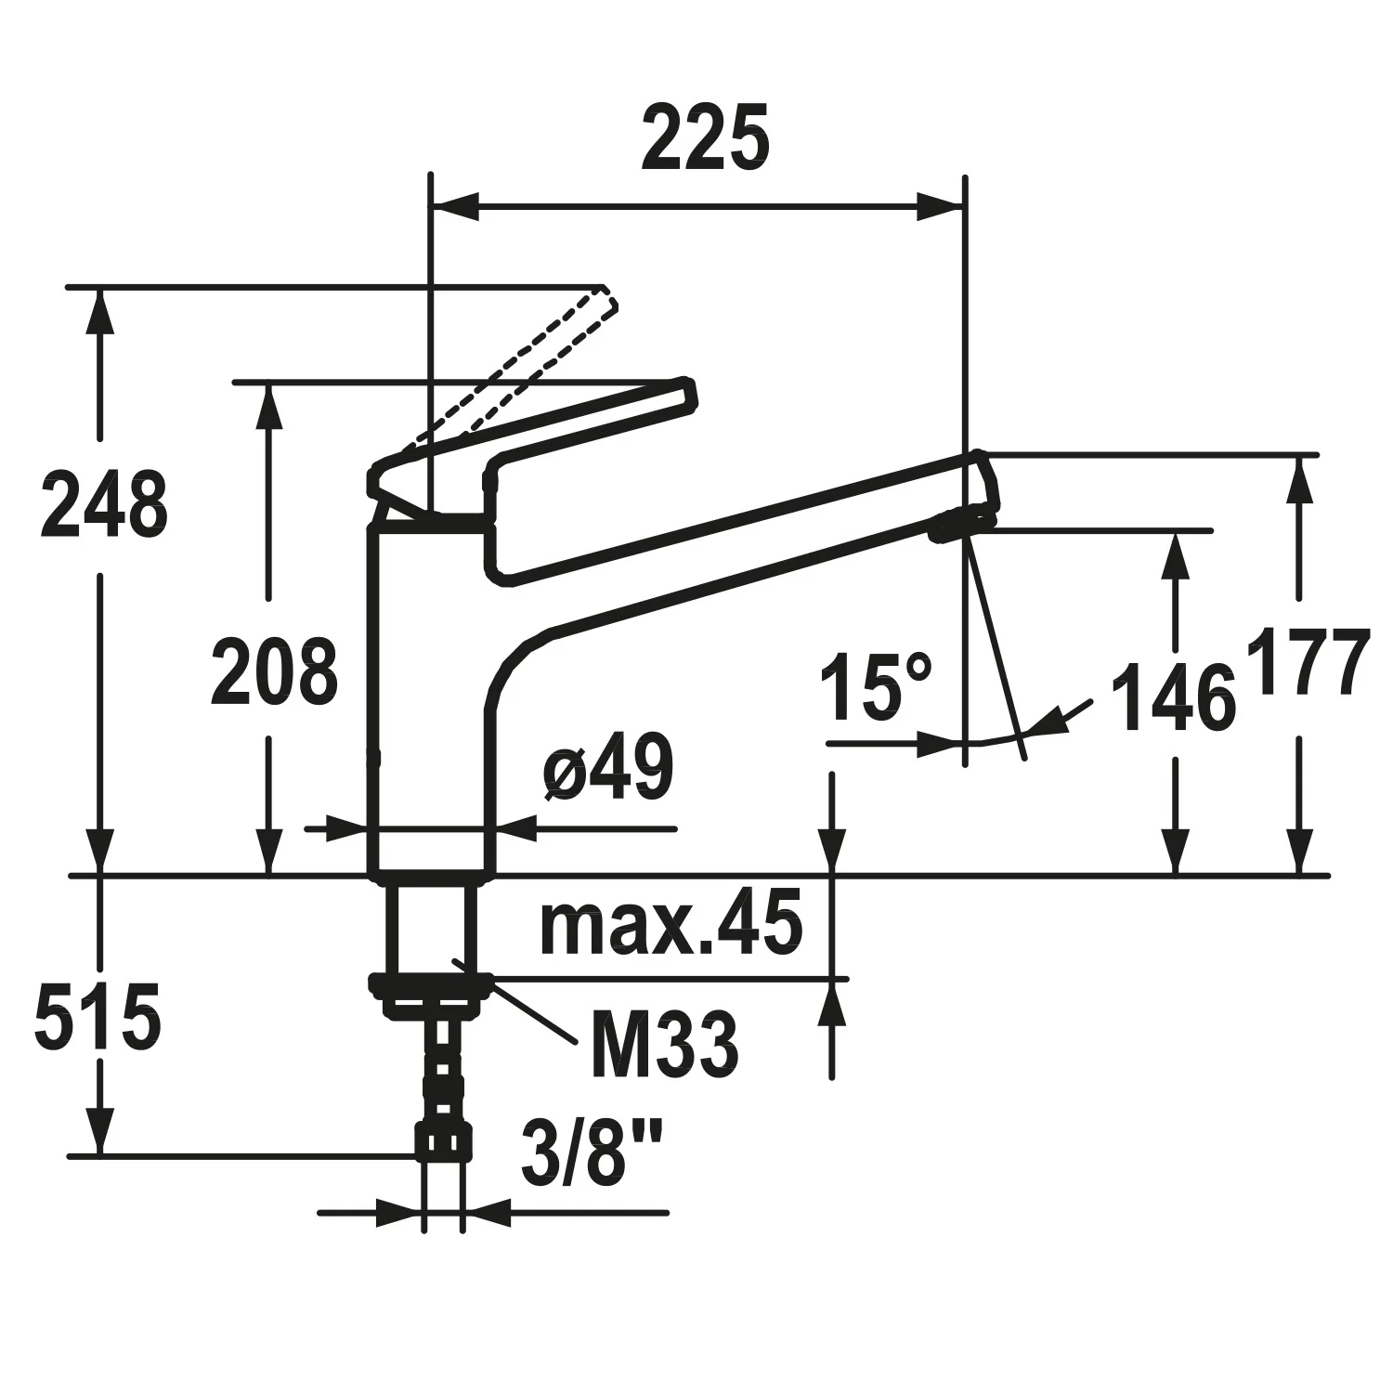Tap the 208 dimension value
[273, 670]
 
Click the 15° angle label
[876, 687]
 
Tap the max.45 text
[670, 925]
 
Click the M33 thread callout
[665, 1046]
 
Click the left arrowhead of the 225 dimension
[455, 207]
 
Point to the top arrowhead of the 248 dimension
[99, 311]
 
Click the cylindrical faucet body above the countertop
[432, 696]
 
